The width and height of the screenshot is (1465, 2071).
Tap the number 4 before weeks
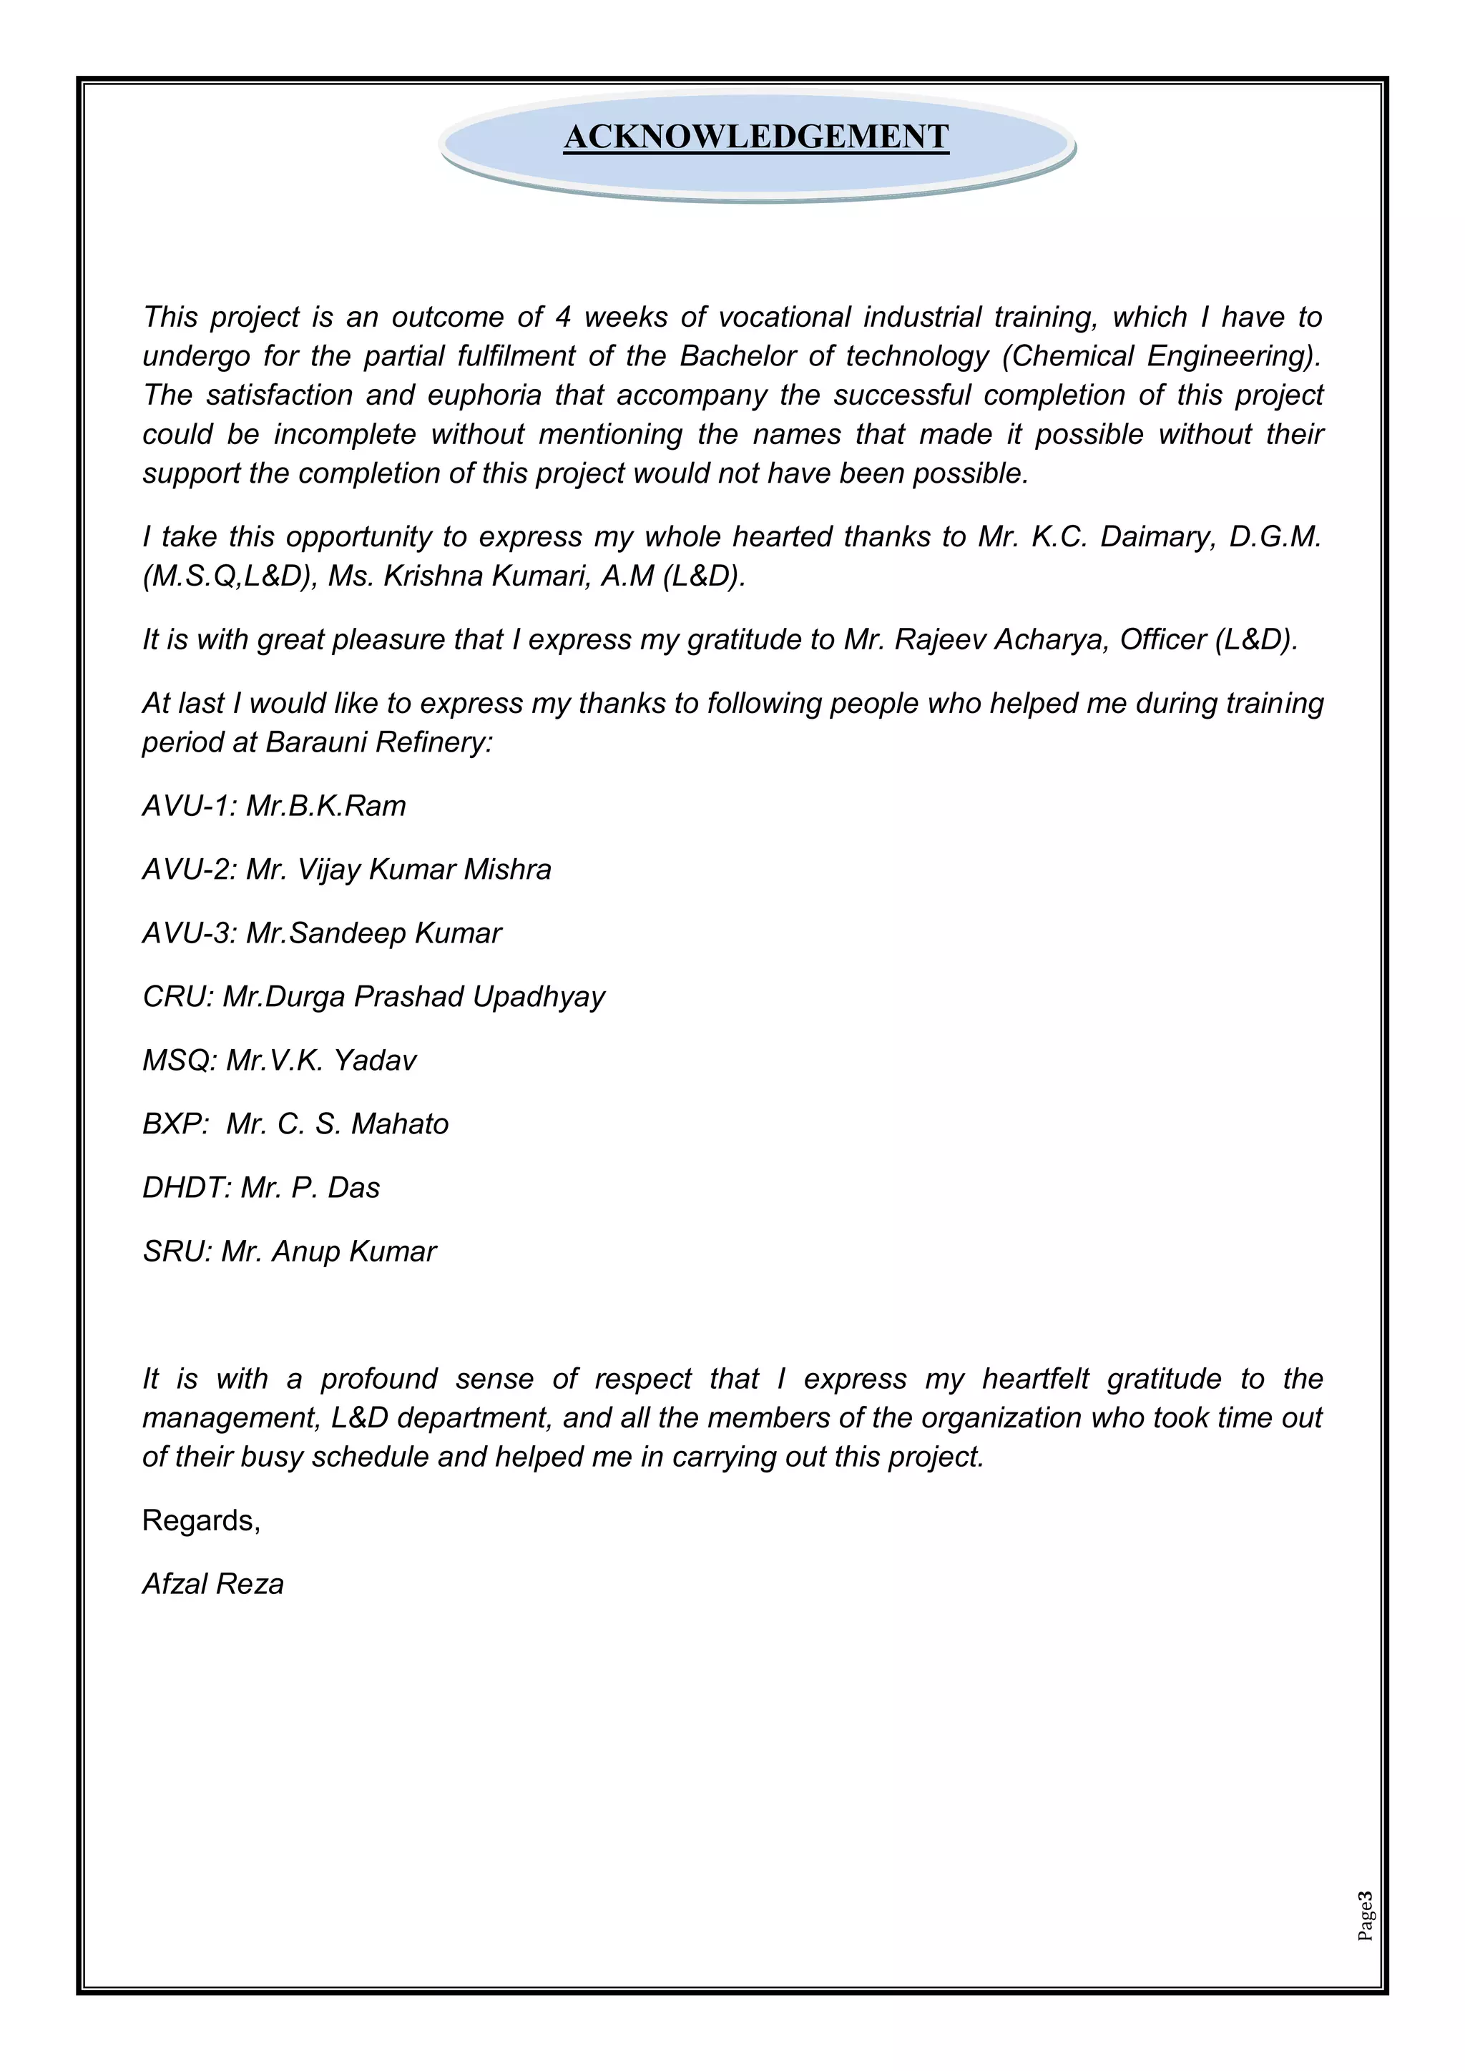pyautogui.click(x=564, y=318)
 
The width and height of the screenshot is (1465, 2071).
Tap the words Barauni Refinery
pyautogui.click(x=377, y=742)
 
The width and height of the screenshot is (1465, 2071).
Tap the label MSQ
pyautogui.click(x=177, y=1060)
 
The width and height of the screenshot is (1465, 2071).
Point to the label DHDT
pyautogui.click(x=186, y=1188)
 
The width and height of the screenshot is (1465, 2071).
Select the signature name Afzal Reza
pyautogui.click(x=213, y=1584)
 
